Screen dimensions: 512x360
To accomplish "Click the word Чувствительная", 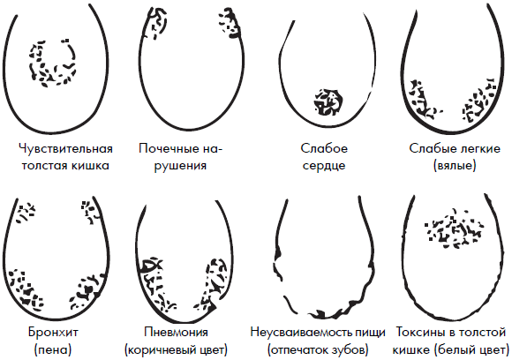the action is coord(65,149).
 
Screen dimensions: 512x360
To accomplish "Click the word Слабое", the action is coord(324,149).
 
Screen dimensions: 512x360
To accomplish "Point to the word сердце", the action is coord(324,166).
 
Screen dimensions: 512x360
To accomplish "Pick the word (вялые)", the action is coord(455,166).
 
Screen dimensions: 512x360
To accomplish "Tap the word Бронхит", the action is coord(53,333).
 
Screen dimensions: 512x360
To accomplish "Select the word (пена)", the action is coord(53,350).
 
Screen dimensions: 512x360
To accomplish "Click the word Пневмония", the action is coord(176,333).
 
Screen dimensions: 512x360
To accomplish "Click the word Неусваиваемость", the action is coord(303,333).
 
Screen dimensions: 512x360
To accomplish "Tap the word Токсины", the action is coord(422,333).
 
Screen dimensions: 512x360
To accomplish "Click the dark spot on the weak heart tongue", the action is coord(328,101).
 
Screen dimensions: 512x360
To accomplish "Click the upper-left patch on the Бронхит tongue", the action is coord(26,213).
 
